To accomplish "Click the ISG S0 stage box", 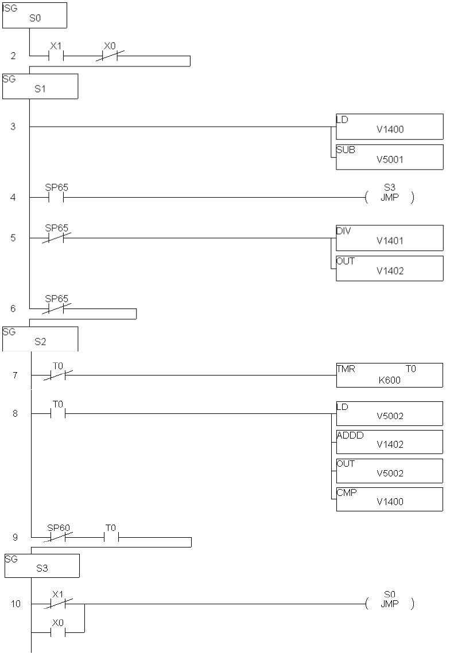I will (x=34, y=15).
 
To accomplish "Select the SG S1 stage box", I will (x=40, y=86).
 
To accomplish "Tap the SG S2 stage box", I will (x=40, y=339).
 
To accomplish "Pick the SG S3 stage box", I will (x=41, y=565).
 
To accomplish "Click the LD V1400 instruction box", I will (x=389, y=126).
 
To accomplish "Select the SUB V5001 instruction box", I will (x=389, y=157).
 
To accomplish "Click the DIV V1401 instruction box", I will (x=389, y=238).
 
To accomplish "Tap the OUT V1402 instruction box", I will (x=389, y=268).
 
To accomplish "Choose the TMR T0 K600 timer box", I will (x=389, y=375).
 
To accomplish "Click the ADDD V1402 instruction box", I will (x=389, y=441).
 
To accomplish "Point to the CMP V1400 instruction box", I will (x=389, y=499).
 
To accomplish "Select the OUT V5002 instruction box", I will (x=389, y=470).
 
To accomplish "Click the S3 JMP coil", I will (x=390, y=198).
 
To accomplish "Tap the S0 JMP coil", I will (x=390, y=604).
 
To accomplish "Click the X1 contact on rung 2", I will (x=56, y=56).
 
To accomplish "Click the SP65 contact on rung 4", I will (x=56, y=198).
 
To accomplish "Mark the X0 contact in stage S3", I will (x=58, y=633).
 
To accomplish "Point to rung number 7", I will (x=14, y=376).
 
